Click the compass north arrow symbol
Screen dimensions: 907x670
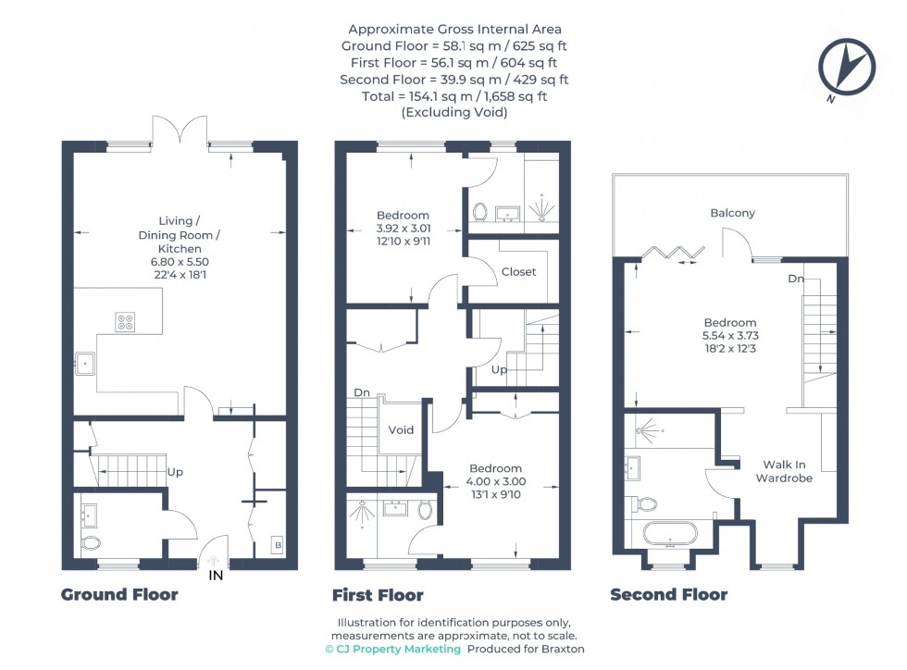coord(846,68)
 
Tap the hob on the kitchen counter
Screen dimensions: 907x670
coord(126,322)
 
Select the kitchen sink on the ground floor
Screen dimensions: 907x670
coord(85,364)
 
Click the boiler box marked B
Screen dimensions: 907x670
coord(278,545)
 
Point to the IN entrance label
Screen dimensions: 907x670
coord(216,575)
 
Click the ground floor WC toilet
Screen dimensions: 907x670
coord(91,543)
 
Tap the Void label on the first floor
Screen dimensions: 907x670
coord(401,430)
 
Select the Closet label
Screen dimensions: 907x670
coord(519,271)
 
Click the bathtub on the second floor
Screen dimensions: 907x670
coord(670,535)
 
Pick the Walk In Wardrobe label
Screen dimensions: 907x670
coord(785,471)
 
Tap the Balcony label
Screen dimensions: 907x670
coord(733,213)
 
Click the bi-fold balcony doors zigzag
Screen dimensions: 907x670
coord(674,253)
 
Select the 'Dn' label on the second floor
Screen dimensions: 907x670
coord(796,279)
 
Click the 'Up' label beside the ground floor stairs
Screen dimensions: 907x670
coord(175,472)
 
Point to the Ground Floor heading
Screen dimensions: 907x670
coord(119,594)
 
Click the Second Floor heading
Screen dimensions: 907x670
coord(668,594)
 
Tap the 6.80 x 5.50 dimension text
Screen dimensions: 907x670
coord(180,262)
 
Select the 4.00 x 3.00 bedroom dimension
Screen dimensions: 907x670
coord(496,481)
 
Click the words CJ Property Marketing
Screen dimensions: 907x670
coord(399,649)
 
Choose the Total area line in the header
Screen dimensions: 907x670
coord(454,96)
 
